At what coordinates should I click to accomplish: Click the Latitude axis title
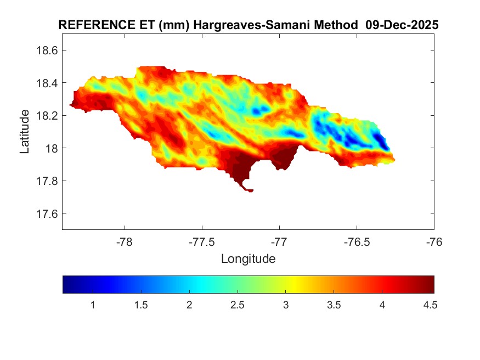click(25, 131)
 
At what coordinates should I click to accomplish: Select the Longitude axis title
click(248, 258)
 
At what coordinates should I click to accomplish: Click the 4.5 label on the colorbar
click(430, 305)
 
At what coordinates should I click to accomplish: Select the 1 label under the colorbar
click(93, 305)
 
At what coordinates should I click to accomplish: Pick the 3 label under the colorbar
click(285, 305)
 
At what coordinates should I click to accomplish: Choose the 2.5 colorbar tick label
click(237, 305)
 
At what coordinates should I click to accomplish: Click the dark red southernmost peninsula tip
click(250, 190)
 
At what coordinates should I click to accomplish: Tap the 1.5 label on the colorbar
click(141, 305)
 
